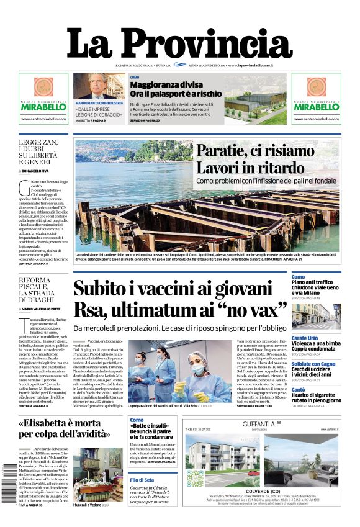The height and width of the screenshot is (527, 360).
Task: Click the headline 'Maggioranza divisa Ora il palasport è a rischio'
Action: [x=176, y=89]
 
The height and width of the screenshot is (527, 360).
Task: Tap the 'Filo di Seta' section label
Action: [x=142, y=480]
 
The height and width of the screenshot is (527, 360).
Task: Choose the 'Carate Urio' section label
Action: [x=305, y=338]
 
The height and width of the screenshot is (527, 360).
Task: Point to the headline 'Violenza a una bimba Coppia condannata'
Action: [x=317, y=347]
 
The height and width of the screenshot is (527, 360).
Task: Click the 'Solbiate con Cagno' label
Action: [x=313, y=364]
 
